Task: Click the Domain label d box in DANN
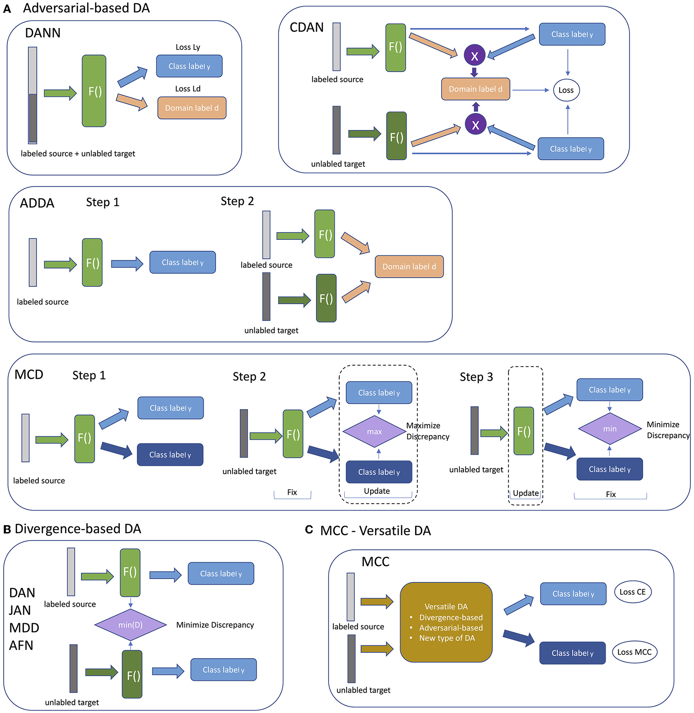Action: tap(192, 108)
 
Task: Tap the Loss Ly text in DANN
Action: tap(188, 47)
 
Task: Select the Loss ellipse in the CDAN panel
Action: tap(566, 90)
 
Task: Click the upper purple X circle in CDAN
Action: tap(474, 56)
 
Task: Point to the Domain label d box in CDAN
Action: tap(475, 89)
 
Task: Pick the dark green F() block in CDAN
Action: tap(396, 136)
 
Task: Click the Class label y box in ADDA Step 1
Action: tap(183, 262)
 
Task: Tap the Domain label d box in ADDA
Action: tap(409, 266)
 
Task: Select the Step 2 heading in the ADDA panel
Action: tap(237, 201)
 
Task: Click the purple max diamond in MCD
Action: tap(374, 431)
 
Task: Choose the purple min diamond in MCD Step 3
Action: tap(609, 429)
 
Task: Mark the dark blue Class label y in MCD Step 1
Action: tap(170, 455)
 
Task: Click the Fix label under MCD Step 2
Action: tap(292, 492)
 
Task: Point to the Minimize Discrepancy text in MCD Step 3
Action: tap(668, 430)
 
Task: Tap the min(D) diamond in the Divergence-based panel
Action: tap(130, 625)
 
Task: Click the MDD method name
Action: tap(24, 628)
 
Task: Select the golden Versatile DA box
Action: tap(446, 622)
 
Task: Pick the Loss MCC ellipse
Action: tap(634, 652)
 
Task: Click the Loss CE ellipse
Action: tap(633, 592)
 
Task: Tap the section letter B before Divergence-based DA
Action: tap(7, 529)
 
